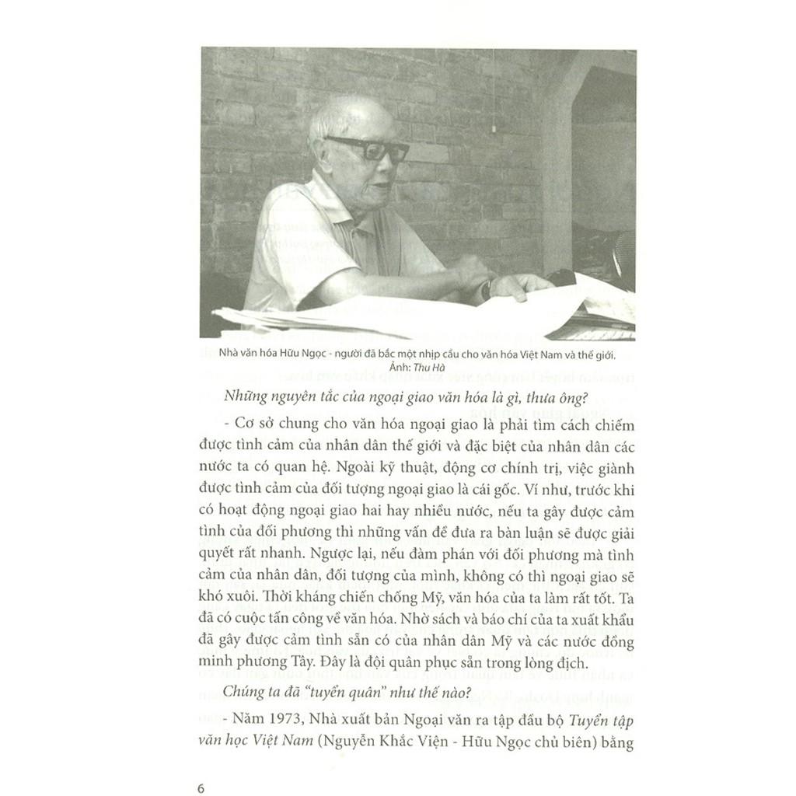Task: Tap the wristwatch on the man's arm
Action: (x=487, y=289)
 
